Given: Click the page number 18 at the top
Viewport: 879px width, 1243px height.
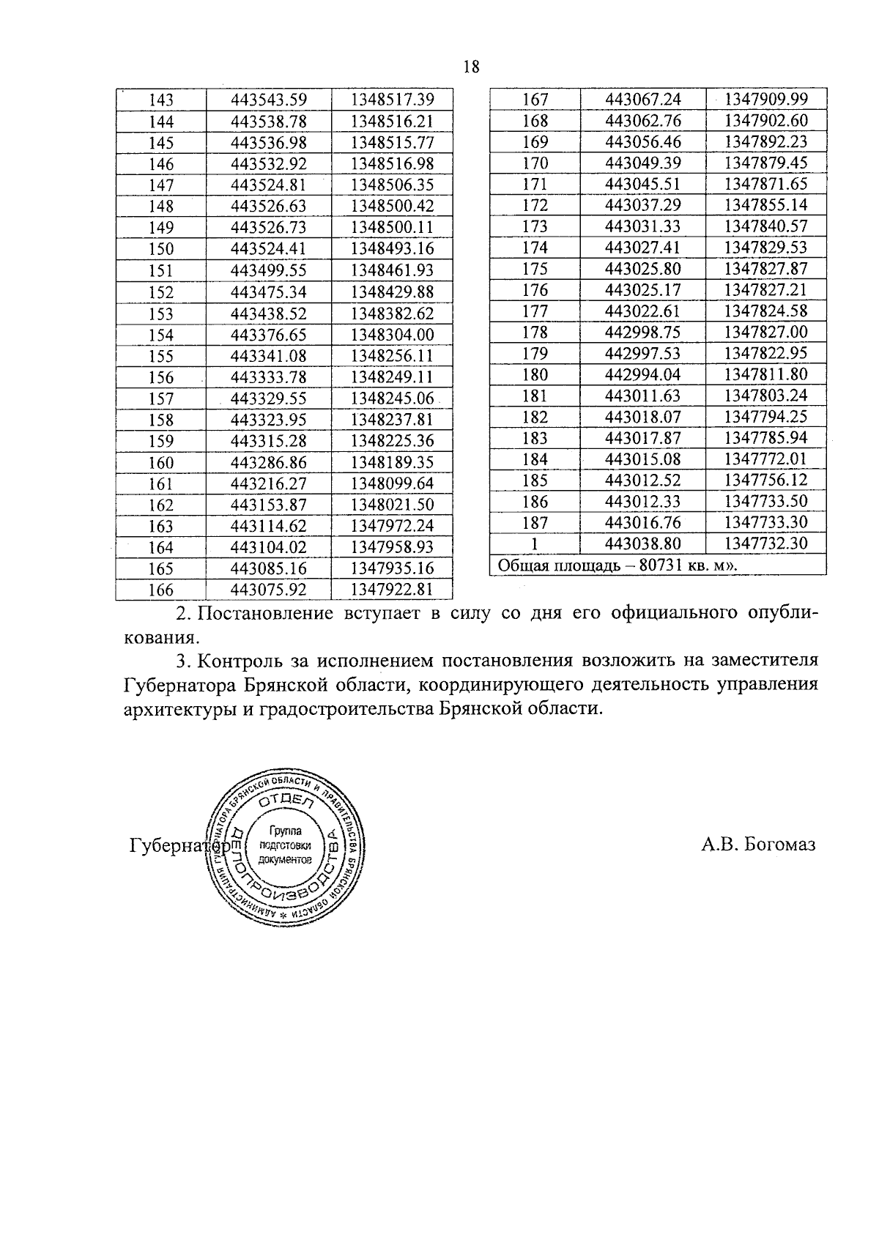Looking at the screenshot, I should tap(471, 67).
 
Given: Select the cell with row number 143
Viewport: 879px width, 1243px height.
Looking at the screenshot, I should tap(161, 100).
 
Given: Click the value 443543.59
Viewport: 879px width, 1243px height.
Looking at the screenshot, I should tap(269, 100).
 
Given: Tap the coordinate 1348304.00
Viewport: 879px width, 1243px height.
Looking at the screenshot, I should tap(393, 335).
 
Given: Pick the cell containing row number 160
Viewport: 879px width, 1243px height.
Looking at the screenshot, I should tap(161, 463).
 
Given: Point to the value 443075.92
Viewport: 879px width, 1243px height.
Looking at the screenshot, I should tap(269, 590).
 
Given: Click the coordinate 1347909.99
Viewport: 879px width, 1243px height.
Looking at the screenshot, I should tap(765, 99).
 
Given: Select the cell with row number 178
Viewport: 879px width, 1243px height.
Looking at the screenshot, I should tap(535, 333).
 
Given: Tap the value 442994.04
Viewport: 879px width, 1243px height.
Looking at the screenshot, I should tap(643, 375).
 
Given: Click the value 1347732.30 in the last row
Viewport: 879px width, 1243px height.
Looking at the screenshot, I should tap(765, 543).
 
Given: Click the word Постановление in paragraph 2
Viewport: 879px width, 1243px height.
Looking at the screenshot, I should tap(265, 613).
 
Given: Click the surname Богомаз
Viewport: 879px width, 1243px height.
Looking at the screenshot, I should tap(778, 845).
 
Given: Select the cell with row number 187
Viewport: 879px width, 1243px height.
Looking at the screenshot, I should tap(535, 523).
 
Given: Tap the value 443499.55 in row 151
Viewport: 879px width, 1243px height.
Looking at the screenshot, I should tap(269, 270).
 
